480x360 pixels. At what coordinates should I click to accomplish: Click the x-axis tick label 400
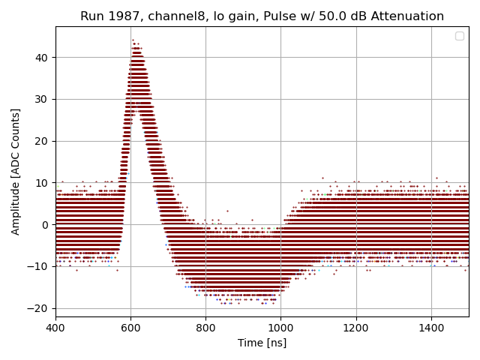pyautogui.click(x=55, y=328)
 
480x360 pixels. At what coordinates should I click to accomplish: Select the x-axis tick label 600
pyautogui.click(x=130, y=328)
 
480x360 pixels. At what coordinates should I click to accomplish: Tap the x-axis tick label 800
pyautogui.click(x=205, y=328)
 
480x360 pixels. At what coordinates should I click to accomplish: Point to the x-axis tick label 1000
pyautogui.click(x=280, y=328)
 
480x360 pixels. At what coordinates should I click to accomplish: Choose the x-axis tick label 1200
pyautogui.click(x=355, y=328)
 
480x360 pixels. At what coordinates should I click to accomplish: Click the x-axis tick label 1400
pyautogui.click(x=430, y=328)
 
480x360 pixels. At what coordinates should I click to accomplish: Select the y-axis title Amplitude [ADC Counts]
pyautogui.click(x=16, y=172)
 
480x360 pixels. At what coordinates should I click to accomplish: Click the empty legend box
pyautogui.click(x=459, y=36)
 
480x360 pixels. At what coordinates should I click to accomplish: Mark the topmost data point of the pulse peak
pyautogui.click(x=133, y=40)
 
